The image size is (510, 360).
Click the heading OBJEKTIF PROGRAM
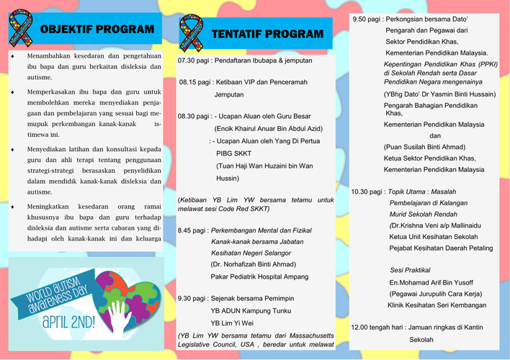tap(97, 30)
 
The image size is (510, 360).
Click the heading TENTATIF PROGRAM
tap(267, 34)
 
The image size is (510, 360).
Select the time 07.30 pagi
tap(195, 61)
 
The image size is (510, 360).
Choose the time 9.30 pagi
tap(192, 298)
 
